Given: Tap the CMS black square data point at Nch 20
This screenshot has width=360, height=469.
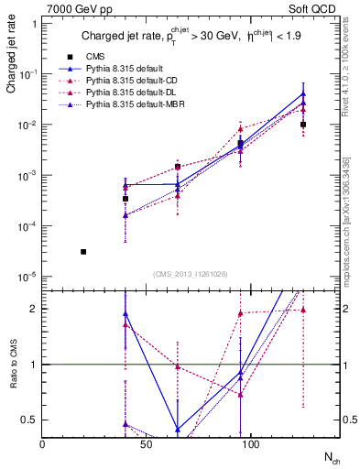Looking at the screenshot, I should coord(83,252).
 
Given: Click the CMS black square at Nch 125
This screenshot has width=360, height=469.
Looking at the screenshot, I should coord(303,125).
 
